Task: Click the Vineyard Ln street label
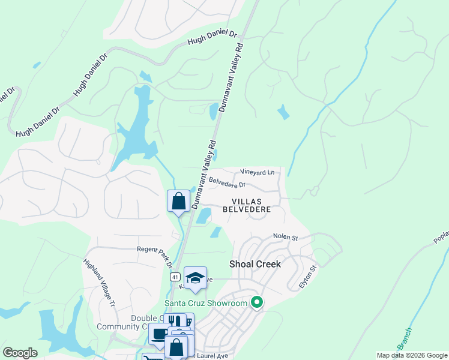(x=258, y=172)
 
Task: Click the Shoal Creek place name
(x=255, y=264)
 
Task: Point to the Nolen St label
(x=286, y=238)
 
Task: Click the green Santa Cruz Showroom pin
(x=257, y=302)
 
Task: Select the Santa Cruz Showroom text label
(x=206, y=303)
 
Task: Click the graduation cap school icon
(x=195, y=278)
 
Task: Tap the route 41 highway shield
(x=174, y=277)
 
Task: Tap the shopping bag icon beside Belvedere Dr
(x=179, y=201)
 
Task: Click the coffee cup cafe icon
(x=159, y=334)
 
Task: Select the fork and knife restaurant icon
(x=175, y=321)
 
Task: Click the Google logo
(x=20, y=353)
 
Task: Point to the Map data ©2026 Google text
(x=412, y=355)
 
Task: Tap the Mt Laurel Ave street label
(x=210, y=356)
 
